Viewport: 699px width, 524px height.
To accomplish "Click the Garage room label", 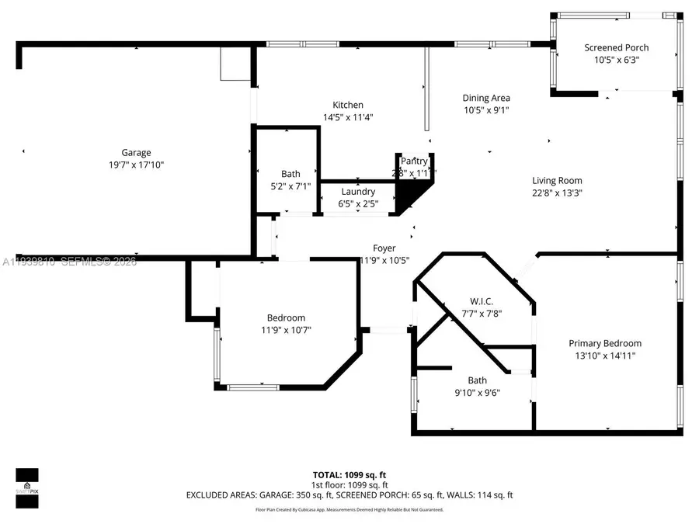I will point(136,153).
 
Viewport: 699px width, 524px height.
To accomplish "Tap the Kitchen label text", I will point(348,106).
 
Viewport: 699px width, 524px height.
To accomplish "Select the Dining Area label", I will point(486,98).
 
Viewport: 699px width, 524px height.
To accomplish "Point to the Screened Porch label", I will point(616,47).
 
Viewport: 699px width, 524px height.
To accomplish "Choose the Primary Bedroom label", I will point(605,343).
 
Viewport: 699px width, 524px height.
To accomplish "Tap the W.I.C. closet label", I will point(482,301).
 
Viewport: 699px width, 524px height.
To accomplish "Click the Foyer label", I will point(384,248).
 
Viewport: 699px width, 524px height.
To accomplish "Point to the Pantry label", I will point(414,161).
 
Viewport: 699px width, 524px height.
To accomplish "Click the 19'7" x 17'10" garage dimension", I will point(136,165).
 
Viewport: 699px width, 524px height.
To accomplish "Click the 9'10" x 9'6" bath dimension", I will point(477,393).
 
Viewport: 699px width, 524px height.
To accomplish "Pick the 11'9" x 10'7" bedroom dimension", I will point(286,330).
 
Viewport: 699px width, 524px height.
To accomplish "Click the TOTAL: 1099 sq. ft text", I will point(349,474).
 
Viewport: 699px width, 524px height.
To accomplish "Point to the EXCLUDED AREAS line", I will point(349,495).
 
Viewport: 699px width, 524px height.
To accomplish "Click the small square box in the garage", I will point(232,64).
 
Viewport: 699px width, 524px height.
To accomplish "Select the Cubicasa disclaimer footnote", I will point(349,510).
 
